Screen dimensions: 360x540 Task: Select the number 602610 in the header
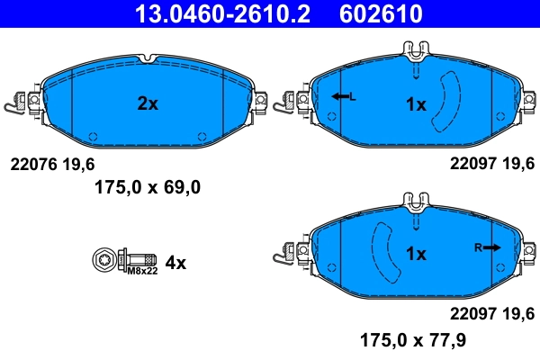click(x=381, y=13)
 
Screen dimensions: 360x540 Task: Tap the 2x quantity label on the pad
click(x=147, y=104)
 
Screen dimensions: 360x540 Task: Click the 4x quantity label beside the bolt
click(x=175, y=263)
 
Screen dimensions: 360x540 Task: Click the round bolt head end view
click(x=103, y=260)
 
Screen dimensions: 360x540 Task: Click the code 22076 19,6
click(x=51, y=164)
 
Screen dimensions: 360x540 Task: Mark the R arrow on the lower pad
click(x=490, y=247)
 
